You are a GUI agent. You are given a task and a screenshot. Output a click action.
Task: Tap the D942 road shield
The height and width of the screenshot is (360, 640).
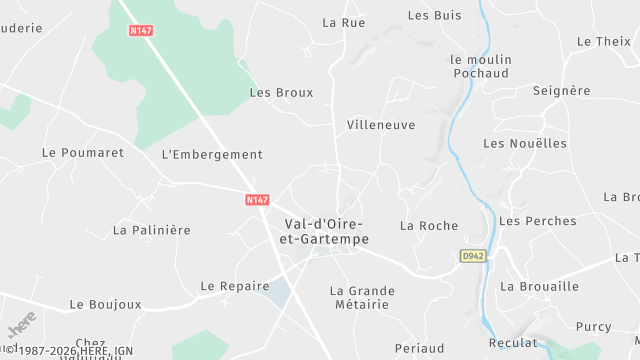pyautogui.click(x=472, y=257)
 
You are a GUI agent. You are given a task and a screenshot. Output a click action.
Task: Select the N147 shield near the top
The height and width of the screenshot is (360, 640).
pyautogui.click(x=140, y=31)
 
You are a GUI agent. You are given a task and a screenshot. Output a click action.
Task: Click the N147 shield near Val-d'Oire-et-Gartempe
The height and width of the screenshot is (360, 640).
pyautogui.click(x=257, y=200)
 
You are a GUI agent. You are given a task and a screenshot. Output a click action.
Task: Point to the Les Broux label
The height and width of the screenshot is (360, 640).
pyautogui.click(x=281, y=93)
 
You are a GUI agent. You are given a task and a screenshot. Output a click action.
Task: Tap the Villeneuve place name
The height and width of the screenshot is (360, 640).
pyautogui.click(x=380, y=125)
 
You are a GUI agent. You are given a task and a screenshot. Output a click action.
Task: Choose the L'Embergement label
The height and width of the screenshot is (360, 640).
pyautogui.click(x=212, y=155)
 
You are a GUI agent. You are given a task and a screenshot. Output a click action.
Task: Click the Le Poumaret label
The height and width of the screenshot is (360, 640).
pyautogui.click(x=83, y=153)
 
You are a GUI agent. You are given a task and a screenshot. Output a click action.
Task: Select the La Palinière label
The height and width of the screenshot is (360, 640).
pyautogui.click(x=151, y=230)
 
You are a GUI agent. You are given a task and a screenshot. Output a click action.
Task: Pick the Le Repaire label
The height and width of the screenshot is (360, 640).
pyautogui.click(x=235, y=286)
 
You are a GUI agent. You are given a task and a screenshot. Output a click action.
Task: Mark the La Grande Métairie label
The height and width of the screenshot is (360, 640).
pyautogui.click(x=362, y=298)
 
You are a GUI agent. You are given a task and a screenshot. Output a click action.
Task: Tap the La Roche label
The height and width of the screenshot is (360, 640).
pyautogui.click(x=429, y=226)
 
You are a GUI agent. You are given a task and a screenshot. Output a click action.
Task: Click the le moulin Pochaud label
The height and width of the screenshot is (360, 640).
pyautogui.click(x=481, y=67)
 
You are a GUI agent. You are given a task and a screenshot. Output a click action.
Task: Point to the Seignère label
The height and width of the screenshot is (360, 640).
pyautogui.click(x=561, y=91)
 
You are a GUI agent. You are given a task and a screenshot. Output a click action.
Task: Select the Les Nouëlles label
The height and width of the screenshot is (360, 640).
pyautogui.click(x=525, y=143)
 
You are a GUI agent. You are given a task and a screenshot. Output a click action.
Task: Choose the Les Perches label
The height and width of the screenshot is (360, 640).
pyautogui.click(x=538, y=221)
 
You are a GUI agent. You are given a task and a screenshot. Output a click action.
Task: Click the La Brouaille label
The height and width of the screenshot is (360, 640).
pyautogui.click(x=540, y=286)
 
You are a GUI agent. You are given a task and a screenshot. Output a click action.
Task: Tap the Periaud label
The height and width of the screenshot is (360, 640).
pyautogui.click(x=420, y=348)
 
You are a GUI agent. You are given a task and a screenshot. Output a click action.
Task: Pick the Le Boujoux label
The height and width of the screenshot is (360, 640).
pyautogui.click(x=103, y=304)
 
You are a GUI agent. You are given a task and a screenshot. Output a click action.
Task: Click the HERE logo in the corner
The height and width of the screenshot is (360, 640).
pyautogui.click(x=21, y=326)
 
